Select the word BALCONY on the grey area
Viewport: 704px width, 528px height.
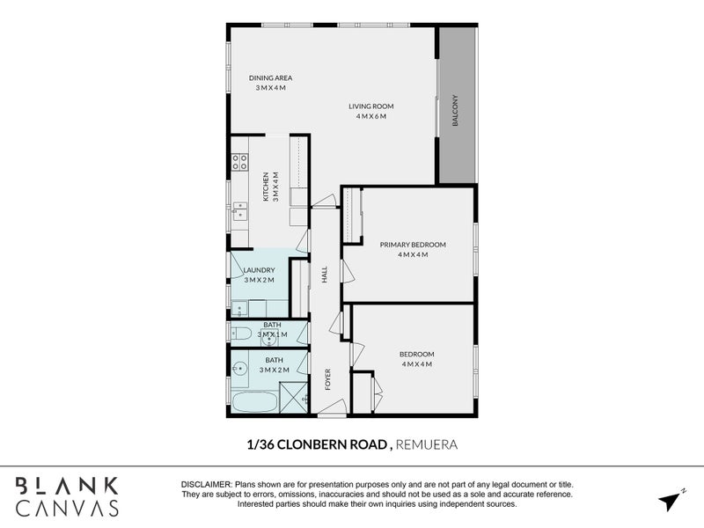(456, 111)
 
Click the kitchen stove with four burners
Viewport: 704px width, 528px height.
(238, 162)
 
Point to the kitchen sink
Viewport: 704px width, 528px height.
(239, 209)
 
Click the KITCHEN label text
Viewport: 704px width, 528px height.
(265, 187)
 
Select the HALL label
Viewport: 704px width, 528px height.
(324, 275)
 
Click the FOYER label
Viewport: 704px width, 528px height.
(328, 379)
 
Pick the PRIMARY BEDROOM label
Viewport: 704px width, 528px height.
(413, 245)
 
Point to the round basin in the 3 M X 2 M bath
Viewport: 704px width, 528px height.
(238, 368)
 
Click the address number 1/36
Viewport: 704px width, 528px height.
(261, 445)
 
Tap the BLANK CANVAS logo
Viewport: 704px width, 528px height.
(66, 496)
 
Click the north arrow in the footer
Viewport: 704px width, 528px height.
(670, 500)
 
